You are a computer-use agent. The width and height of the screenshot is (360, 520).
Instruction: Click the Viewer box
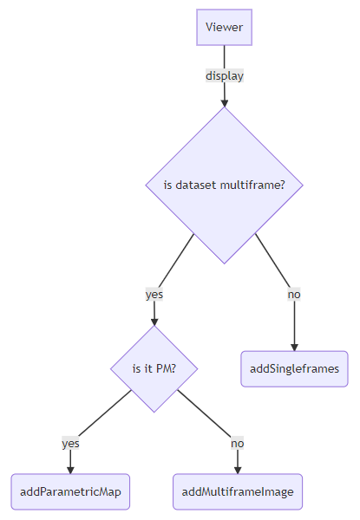[224, 27]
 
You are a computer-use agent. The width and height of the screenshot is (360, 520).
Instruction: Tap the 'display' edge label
[225, 76]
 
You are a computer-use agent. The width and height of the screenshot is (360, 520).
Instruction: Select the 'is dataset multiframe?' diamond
[225, 185]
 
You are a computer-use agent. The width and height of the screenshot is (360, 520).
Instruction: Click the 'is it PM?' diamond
[154, 369]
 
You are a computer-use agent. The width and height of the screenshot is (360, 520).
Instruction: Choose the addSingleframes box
[294, 369]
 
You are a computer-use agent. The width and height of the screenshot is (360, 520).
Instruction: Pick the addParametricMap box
[70, 491]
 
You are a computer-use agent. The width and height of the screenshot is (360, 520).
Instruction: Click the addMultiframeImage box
[238, 491]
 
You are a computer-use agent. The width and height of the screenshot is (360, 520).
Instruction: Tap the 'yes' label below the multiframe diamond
[154, 295]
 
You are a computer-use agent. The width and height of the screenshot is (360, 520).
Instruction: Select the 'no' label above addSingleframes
[294, 295]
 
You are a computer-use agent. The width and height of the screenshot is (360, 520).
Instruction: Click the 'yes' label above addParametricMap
[70, 444]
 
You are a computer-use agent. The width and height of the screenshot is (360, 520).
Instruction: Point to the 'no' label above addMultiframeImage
[238, 444]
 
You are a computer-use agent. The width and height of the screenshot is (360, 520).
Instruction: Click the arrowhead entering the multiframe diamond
[225, 103]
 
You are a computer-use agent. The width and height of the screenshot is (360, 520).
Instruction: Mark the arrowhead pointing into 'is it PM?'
[154, 322]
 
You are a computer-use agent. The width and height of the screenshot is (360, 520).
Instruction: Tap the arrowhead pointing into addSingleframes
[294, 347]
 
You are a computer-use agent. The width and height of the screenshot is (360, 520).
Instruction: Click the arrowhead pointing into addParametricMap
[70, 470]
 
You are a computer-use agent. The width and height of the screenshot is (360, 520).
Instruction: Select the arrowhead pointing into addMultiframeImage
[238, 470]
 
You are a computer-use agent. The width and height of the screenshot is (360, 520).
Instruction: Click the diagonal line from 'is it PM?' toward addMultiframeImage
[205, 413]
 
